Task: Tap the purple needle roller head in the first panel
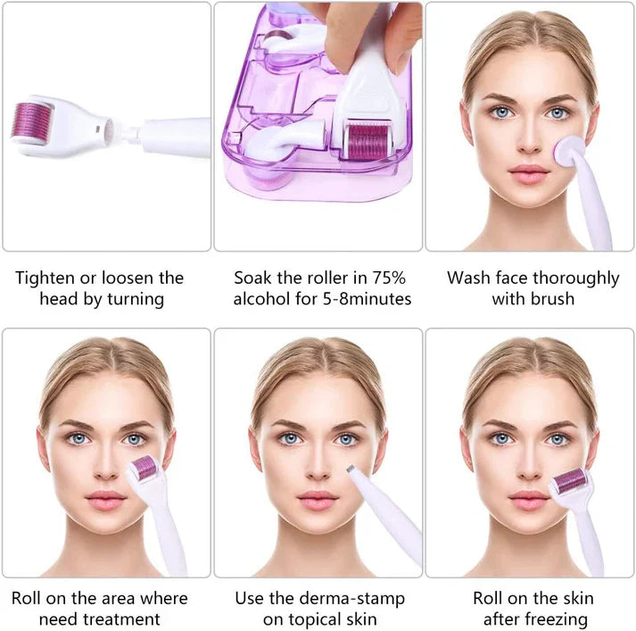[x=33, y=120]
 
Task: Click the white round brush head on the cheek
[x=567, y=149]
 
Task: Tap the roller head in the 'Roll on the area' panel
[x=145, y=469]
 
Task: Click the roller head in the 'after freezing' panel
[x=570, y=482]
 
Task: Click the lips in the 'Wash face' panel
[x=529, y=171]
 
